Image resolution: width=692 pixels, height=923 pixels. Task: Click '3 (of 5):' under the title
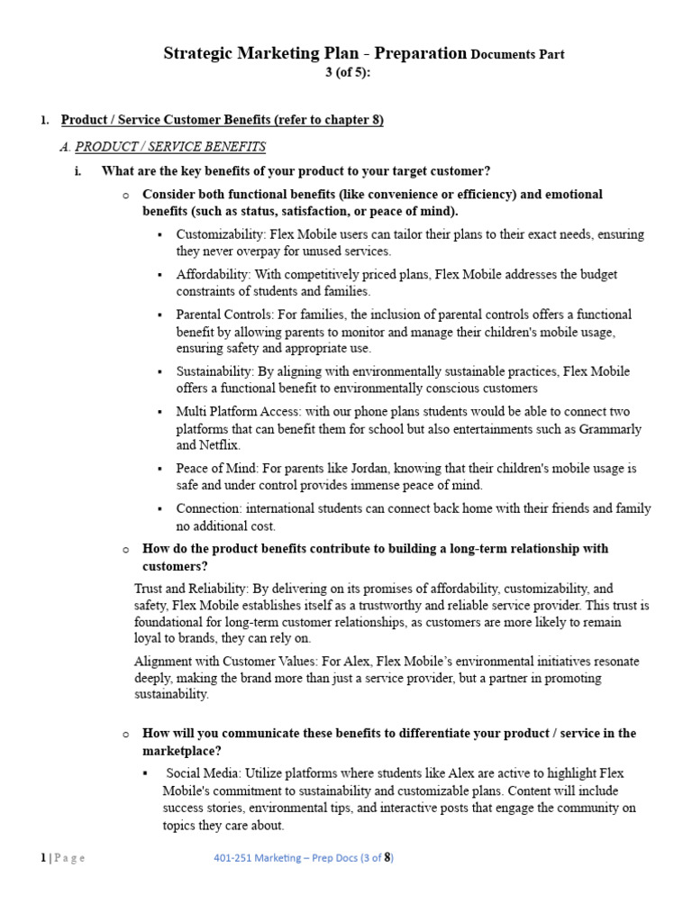click(x=347, y=72)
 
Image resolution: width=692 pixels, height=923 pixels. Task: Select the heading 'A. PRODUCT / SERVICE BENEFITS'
click(x=170, y=146)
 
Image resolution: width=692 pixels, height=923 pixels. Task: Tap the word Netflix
click(x=221, y=445)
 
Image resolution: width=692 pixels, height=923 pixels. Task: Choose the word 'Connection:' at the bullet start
click(x=207, y=509)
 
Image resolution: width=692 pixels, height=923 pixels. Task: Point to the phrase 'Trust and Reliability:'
click(x=190, y=589)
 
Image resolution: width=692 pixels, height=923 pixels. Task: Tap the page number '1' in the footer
click(x=42, y=857)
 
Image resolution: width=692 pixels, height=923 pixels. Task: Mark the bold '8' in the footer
click(x=387, y=857)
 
